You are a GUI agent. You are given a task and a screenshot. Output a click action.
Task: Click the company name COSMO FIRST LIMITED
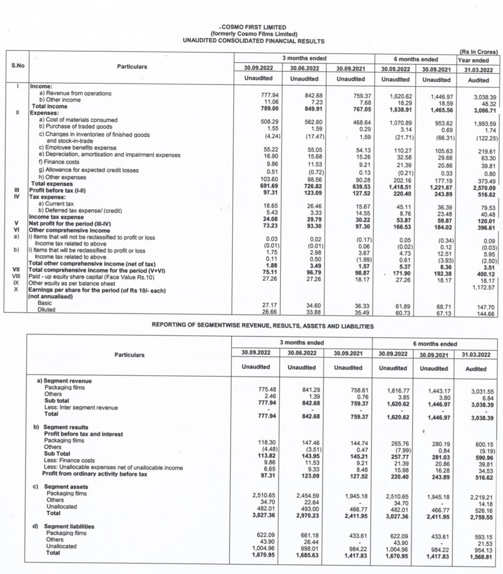(x=254, y=27)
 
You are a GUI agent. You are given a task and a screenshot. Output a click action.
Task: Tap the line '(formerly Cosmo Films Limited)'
(x=254, y=34)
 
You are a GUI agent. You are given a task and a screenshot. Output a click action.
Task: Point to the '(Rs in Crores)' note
(x=478, y=52)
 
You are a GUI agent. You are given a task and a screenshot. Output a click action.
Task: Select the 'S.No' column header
(x=18, y=65)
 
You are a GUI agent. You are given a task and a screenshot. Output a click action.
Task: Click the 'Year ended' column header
(x=473, y=60)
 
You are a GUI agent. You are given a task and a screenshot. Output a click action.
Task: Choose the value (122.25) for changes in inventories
(x=487, y=138)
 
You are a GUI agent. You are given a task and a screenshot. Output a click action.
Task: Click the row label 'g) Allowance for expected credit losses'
(x=89, y=170)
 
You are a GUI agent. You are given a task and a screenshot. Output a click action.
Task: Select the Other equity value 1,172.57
(x=484, y=287)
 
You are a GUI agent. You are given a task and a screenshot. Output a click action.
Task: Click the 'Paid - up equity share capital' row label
(x=92, y=277)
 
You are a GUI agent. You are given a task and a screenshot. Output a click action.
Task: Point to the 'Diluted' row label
(x=46, y=310)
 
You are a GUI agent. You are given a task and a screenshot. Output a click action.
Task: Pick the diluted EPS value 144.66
(x=486, y=314)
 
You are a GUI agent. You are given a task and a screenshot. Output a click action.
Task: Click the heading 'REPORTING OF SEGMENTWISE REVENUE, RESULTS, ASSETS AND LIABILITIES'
(x=262, y=326)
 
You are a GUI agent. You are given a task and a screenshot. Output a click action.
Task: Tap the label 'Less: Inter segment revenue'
(x=81, y=408)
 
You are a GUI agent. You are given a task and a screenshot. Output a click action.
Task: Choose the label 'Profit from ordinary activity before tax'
(x=95, y=474)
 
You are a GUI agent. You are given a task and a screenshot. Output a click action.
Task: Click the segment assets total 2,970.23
(x=307, y=516)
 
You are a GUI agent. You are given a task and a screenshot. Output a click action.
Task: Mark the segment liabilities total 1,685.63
(x=307, y=555)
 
